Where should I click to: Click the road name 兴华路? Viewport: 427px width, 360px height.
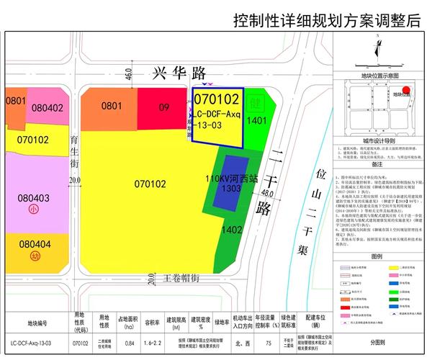pos(179,73)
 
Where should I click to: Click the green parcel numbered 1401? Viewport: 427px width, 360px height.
pos(256,122)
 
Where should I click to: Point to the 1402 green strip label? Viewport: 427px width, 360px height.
pos(232,230)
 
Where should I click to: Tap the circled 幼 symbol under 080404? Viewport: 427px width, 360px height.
pos(34,256)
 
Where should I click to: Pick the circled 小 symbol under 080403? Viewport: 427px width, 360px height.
pos(34,210)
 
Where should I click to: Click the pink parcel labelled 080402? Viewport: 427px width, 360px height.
pos(48,108)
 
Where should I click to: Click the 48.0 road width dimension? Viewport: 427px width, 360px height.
pos(269,194)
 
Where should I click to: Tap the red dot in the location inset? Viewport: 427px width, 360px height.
pos(406,91)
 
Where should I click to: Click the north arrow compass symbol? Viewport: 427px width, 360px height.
pos(377,50)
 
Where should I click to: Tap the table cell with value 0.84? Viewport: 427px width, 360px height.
pos(129,343)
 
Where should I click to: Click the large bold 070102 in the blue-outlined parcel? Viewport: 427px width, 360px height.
pos(217,99)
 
